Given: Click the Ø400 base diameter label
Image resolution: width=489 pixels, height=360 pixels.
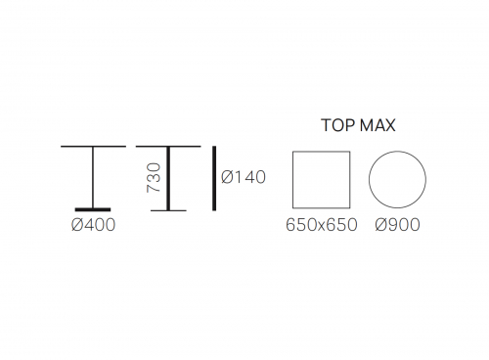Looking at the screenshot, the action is click(94, 225).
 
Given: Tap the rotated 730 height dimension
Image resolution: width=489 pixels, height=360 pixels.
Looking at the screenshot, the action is click(154, 177).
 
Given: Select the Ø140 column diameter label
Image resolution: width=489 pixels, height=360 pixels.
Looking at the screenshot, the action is click(244, 177).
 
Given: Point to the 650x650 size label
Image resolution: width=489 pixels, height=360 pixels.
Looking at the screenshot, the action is click(322, 225).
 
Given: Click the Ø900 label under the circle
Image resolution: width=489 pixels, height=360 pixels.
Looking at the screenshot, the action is click(397, 225).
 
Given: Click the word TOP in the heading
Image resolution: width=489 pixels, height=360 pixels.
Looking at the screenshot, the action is click(337, 125).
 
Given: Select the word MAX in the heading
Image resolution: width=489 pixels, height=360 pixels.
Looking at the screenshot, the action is click(378, 125).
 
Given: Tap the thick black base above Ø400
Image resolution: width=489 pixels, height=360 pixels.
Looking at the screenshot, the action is click(93, 209).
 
